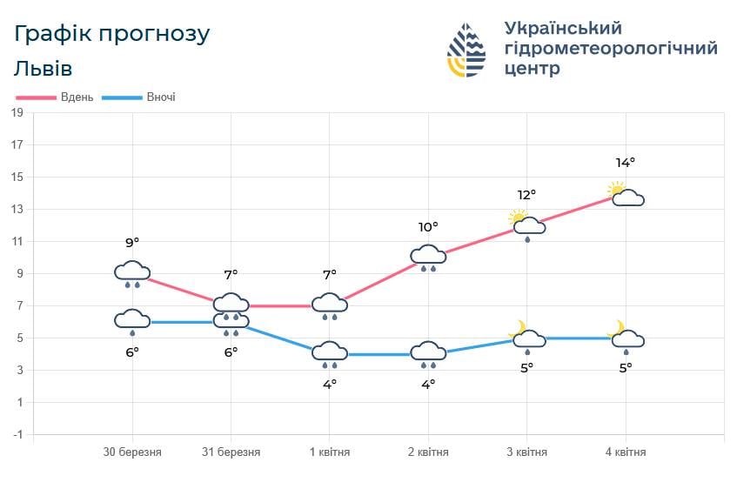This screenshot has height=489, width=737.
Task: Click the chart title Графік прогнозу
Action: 112,34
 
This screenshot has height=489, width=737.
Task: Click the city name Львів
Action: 43,69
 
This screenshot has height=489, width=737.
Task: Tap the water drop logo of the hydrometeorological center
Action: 467,50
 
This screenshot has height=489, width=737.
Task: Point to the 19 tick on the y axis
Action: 17,113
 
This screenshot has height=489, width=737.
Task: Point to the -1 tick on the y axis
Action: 17,434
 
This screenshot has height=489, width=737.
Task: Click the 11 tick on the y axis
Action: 17,241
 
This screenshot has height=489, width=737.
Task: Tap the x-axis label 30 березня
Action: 132,452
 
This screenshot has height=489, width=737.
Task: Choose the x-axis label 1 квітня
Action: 330,452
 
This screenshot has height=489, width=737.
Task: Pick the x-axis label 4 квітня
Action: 626,452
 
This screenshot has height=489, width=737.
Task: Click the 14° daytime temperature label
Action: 626,163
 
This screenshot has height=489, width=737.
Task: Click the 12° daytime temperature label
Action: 527,195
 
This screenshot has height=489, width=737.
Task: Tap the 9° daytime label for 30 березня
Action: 132,243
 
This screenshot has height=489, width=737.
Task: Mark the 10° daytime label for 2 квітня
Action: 428,227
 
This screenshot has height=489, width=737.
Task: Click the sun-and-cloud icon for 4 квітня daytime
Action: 626,196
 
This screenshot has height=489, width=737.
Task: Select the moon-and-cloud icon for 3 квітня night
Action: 527,337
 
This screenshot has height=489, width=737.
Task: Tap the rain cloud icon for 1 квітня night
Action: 330,354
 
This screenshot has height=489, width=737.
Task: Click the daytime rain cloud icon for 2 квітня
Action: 428,258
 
